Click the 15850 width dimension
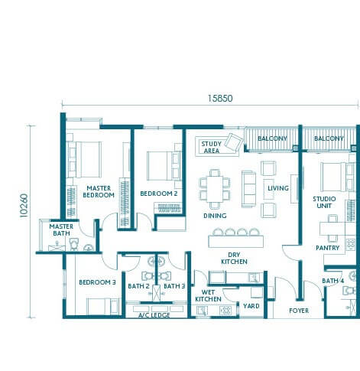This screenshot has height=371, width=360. point(220,99)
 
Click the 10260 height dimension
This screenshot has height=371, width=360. point(24,206)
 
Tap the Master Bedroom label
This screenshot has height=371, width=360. point(99,191)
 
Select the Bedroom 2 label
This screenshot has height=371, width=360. point(159,194)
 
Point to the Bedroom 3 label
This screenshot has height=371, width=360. point(97,282)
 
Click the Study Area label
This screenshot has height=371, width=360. point(212,147)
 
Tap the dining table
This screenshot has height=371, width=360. point(215,189)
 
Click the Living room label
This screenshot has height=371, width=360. point(278,188)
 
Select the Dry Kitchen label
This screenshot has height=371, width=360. point(234,258)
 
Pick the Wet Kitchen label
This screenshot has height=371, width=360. point(208,295)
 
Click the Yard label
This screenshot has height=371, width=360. point(251,306)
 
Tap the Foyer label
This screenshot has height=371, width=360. point(299,311)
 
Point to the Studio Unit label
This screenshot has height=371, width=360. point(324,202)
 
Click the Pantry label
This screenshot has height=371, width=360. point(327,248)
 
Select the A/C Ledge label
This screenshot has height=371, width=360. point(154,315)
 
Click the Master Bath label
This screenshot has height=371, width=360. point(61,229)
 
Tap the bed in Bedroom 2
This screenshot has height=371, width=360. point(164,166)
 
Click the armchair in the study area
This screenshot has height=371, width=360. point(234,142)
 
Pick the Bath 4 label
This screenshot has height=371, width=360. point(332,281)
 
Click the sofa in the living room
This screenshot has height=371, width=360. point(248,189)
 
